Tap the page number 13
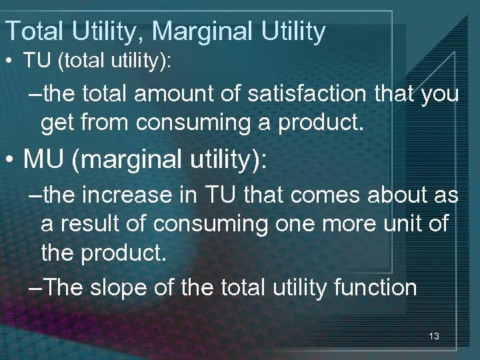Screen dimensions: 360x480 [x=434, y=337]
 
